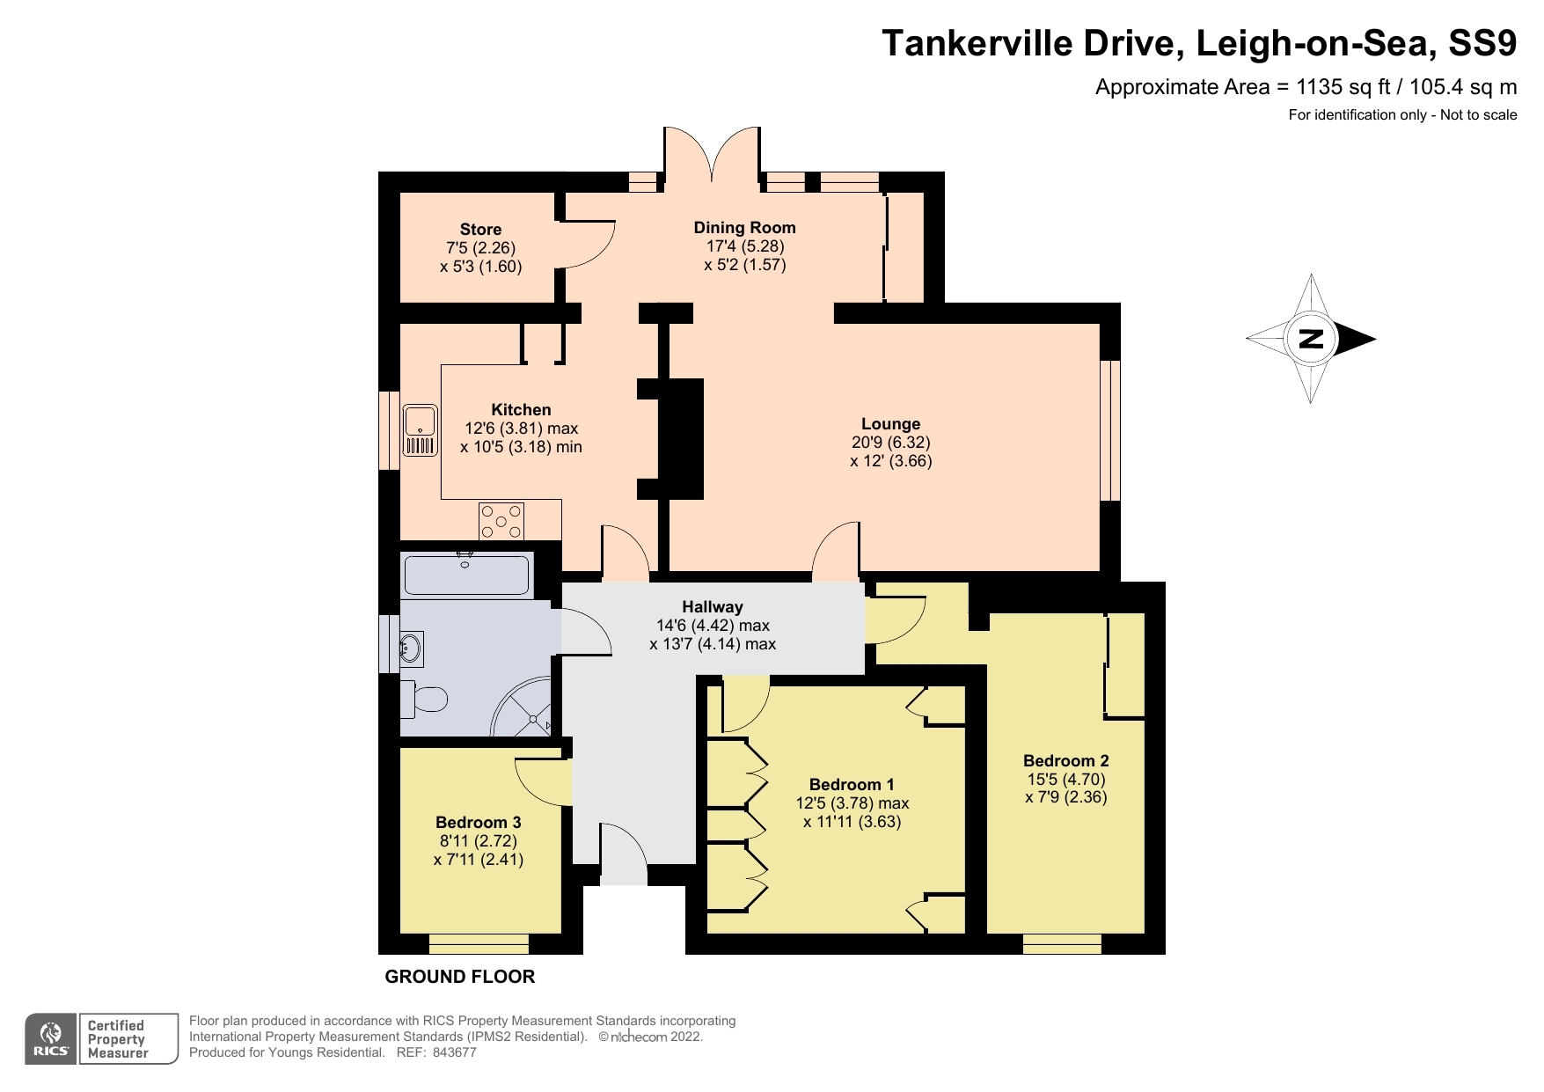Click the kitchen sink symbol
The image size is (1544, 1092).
click(x=421, y=430)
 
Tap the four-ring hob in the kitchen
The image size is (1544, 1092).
click(x=501, y=521)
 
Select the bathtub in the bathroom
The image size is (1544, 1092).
click(x=466, y=576)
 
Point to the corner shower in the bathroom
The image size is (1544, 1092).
click(x=526, y=711)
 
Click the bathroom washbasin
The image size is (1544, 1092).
click(x=411, y=649)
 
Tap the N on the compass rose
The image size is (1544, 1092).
click(x=1311, y=339)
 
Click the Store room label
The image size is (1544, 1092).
click(x=480, y=230)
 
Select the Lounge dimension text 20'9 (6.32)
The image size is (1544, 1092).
click(x=890, y=443)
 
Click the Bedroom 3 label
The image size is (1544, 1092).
click(x=478, y=823)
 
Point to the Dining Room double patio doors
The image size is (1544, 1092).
click(x=711, y=158)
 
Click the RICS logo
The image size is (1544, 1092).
click(x=51, y=1039)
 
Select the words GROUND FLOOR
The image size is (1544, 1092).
click(x=459, y=977)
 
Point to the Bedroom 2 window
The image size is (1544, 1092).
click(x=1062, y=944)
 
